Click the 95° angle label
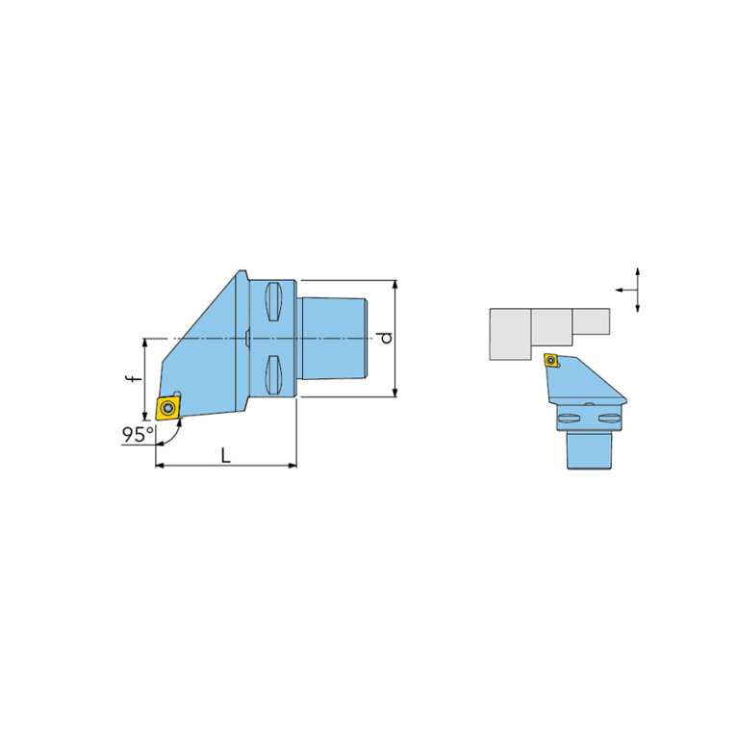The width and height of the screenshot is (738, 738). tap(138, 434)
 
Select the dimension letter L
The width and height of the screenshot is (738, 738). tap(226, 455)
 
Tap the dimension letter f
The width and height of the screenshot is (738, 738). tap(135, 377)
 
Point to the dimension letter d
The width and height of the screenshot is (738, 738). tap(387, 338)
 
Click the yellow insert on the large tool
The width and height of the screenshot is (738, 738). tap(168, 408)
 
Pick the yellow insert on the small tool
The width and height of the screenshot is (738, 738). tap(551, 361)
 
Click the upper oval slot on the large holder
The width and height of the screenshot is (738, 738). tap(273, 302)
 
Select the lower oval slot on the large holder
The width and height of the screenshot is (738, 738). tap(273, 375)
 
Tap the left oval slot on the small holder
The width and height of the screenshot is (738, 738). tap(568, 418)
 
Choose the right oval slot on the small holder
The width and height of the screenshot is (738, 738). tap(609, 418)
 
